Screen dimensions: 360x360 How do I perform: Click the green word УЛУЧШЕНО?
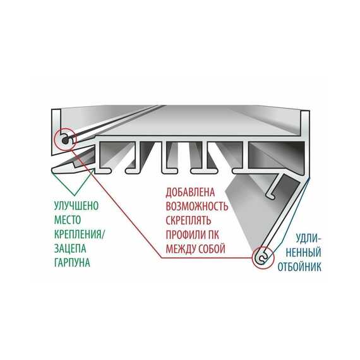click(76, 206)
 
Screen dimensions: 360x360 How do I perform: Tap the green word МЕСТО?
click(68, 220)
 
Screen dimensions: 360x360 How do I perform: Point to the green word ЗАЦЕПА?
click(70, 248)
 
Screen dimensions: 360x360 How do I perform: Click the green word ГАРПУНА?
click(72, 263)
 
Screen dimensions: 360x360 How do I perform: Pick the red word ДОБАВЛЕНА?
click(190, 192)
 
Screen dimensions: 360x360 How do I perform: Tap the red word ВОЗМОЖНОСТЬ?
click(197, 207)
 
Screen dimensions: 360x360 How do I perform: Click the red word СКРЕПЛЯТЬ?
click(188, 220)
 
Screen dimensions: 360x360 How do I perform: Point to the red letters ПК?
click(213, 235)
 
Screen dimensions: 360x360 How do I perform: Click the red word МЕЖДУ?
click(181, 249)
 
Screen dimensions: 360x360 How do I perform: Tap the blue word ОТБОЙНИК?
click(299, 267)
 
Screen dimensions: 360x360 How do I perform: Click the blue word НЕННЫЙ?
click(304, 253)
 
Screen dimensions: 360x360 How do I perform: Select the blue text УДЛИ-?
click(308, 239)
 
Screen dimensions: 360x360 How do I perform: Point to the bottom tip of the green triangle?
click(75, 195)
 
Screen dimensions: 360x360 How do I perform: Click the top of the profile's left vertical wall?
click(56, 109)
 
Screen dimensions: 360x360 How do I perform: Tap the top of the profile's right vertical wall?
click(305, 111)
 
